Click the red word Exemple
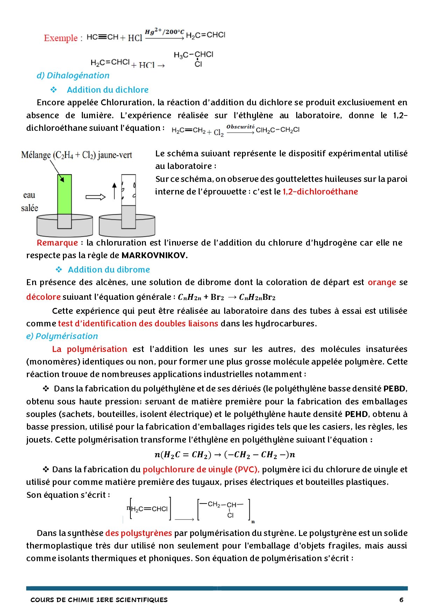(61, 38)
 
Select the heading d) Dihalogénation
(73, 76)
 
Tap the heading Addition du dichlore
(107, 90)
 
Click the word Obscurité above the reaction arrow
(240, 127)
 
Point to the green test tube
(64, 194)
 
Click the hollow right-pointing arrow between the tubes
(95, 197)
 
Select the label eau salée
(29, 202)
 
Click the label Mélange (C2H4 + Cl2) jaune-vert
(76, 155)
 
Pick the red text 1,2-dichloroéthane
(320, 192)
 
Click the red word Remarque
(57, 243)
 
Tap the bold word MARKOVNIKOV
(154, 255)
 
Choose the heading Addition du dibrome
(109, 270)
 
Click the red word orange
(382, 282)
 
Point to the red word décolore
(43, 297)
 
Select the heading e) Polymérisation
(62, 336)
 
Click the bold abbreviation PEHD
(356, 414)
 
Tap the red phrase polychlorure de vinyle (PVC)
(201, 470)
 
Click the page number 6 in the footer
(401, 600)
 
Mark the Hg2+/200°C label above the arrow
(164, 32)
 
